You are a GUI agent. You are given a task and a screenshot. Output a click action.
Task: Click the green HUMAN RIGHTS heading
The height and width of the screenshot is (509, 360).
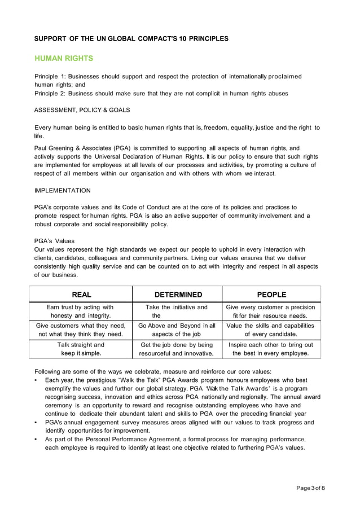point(64,59)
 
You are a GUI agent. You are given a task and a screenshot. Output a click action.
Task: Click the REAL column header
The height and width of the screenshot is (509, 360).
point(81,295)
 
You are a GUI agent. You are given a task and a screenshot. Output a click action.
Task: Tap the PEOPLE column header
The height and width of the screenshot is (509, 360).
point(271,295)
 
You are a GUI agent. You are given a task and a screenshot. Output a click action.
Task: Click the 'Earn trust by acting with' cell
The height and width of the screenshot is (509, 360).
point(81,311)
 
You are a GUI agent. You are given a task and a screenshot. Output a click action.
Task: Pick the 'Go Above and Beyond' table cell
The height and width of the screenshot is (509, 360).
point(177,330)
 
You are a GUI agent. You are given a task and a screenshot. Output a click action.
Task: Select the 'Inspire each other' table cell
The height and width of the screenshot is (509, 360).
point(271,349)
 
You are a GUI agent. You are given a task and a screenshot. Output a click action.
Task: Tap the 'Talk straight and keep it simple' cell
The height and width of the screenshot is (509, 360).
point(81,349)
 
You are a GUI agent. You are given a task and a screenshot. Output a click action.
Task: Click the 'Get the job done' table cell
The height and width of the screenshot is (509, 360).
point(177,349)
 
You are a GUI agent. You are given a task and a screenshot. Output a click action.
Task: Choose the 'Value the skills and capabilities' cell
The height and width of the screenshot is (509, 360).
point(271,330)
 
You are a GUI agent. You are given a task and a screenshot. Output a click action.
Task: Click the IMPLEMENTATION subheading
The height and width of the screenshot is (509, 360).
point(62,191)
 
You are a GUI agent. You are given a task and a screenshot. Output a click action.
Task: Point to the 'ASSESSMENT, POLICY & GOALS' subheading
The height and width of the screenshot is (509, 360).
point(82,109)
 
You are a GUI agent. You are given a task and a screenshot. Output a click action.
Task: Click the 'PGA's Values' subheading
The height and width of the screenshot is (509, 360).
point(54,241)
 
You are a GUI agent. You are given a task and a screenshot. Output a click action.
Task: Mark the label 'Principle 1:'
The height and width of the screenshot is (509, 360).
point(50,76)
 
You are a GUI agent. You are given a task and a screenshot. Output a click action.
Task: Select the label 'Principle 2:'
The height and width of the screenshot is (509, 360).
point(50,93)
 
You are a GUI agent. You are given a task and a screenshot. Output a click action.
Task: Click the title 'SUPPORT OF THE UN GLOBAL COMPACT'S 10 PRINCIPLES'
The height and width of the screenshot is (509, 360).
point(131,39)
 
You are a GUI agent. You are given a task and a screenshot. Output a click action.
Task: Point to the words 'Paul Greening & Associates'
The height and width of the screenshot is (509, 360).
point(74,148)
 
